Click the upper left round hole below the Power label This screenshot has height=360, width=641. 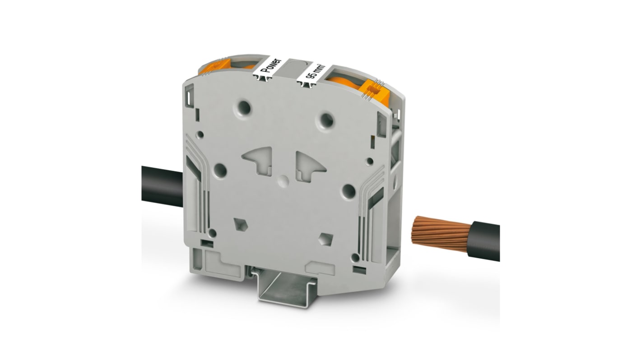pos(244,108)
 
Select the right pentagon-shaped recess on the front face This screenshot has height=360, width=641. pos(325,240)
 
